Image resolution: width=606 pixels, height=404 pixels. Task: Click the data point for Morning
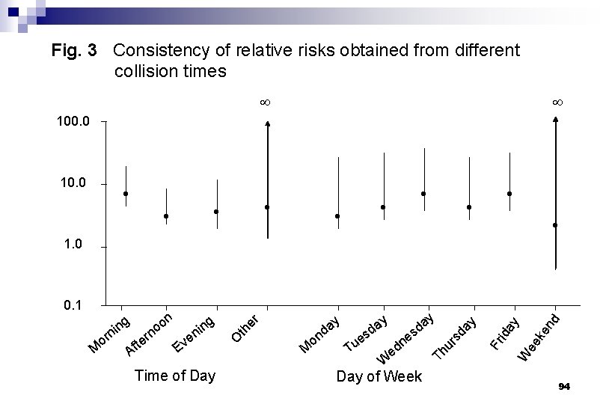(126, 194)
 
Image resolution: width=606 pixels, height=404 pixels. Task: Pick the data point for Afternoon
(166, 216)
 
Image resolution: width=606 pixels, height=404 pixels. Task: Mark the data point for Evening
(216, 212)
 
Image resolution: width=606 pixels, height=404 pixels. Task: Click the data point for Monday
(338, 216)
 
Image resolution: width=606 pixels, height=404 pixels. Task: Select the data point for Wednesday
(423, 194)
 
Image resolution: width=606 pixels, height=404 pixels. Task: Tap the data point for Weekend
(555, 225)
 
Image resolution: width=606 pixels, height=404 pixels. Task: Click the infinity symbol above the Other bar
(264, 101)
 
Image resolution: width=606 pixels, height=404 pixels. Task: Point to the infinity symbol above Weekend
(557, 101)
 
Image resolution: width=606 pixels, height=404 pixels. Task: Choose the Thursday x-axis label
(454, 337)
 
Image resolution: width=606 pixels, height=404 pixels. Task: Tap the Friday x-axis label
(504, 334)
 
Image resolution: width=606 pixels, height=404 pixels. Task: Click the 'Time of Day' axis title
(174, 376)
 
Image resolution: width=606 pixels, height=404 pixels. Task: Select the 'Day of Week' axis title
(379, 376)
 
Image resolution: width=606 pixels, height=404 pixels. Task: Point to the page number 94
(563, 386)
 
